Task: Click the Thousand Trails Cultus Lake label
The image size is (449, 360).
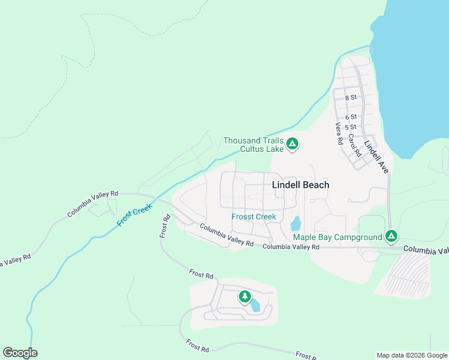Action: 253,145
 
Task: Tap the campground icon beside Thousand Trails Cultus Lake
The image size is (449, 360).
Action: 292,144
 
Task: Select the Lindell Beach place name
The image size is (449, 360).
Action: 301,185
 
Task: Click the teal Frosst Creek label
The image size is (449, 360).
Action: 254,217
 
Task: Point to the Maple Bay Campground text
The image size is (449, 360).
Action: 337,237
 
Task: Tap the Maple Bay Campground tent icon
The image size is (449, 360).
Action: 391,236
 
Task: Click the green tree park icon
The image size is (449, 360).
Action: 244,296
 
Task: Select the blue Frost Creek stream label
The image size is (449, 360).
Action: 134,214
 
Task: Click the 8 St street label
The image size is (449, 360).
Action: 351,97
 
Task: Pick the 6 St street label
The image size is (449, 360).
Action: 351,116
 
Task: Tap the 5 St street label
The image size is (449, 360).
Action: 351,127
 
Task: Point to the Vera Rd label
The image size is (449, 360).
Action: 339,134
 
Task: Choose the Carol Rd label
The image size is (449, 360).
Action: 355,145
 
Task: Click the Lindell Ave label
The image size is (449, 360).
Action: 376,157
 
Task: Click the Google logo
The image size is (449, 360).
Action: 20,352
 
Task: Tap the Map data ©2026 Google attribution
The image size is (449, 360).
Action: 411,355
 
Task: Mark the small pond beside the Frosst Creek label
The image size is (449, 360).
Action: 295,224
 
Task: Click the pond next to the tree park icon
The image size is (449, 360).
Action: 256,305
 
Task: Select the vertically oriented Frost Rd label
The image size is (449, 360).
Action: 164,226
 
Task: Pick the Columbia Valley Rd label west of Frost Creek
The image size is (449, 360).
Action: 93,204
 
